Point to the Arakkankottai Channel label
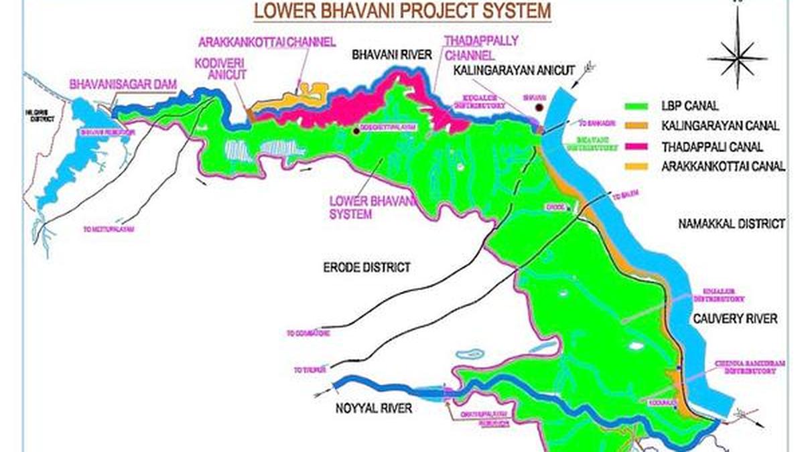[x=266, y=42]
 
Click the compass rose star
[x=736, y=59]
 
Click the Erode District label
[x=362, y=268]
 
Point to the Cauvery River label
[x=736, y=319]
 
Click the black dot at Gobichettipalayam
[x=356, y=131]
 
